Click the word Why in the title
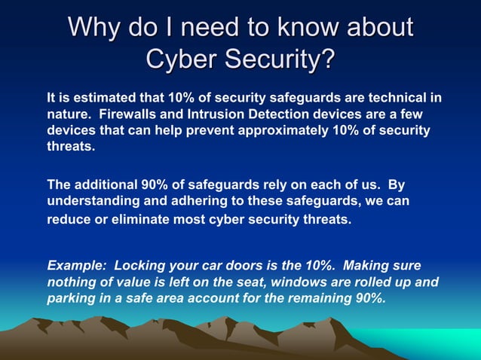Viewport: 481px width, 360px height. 96,28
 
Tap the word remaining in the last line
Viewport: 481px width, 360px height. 322,299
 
